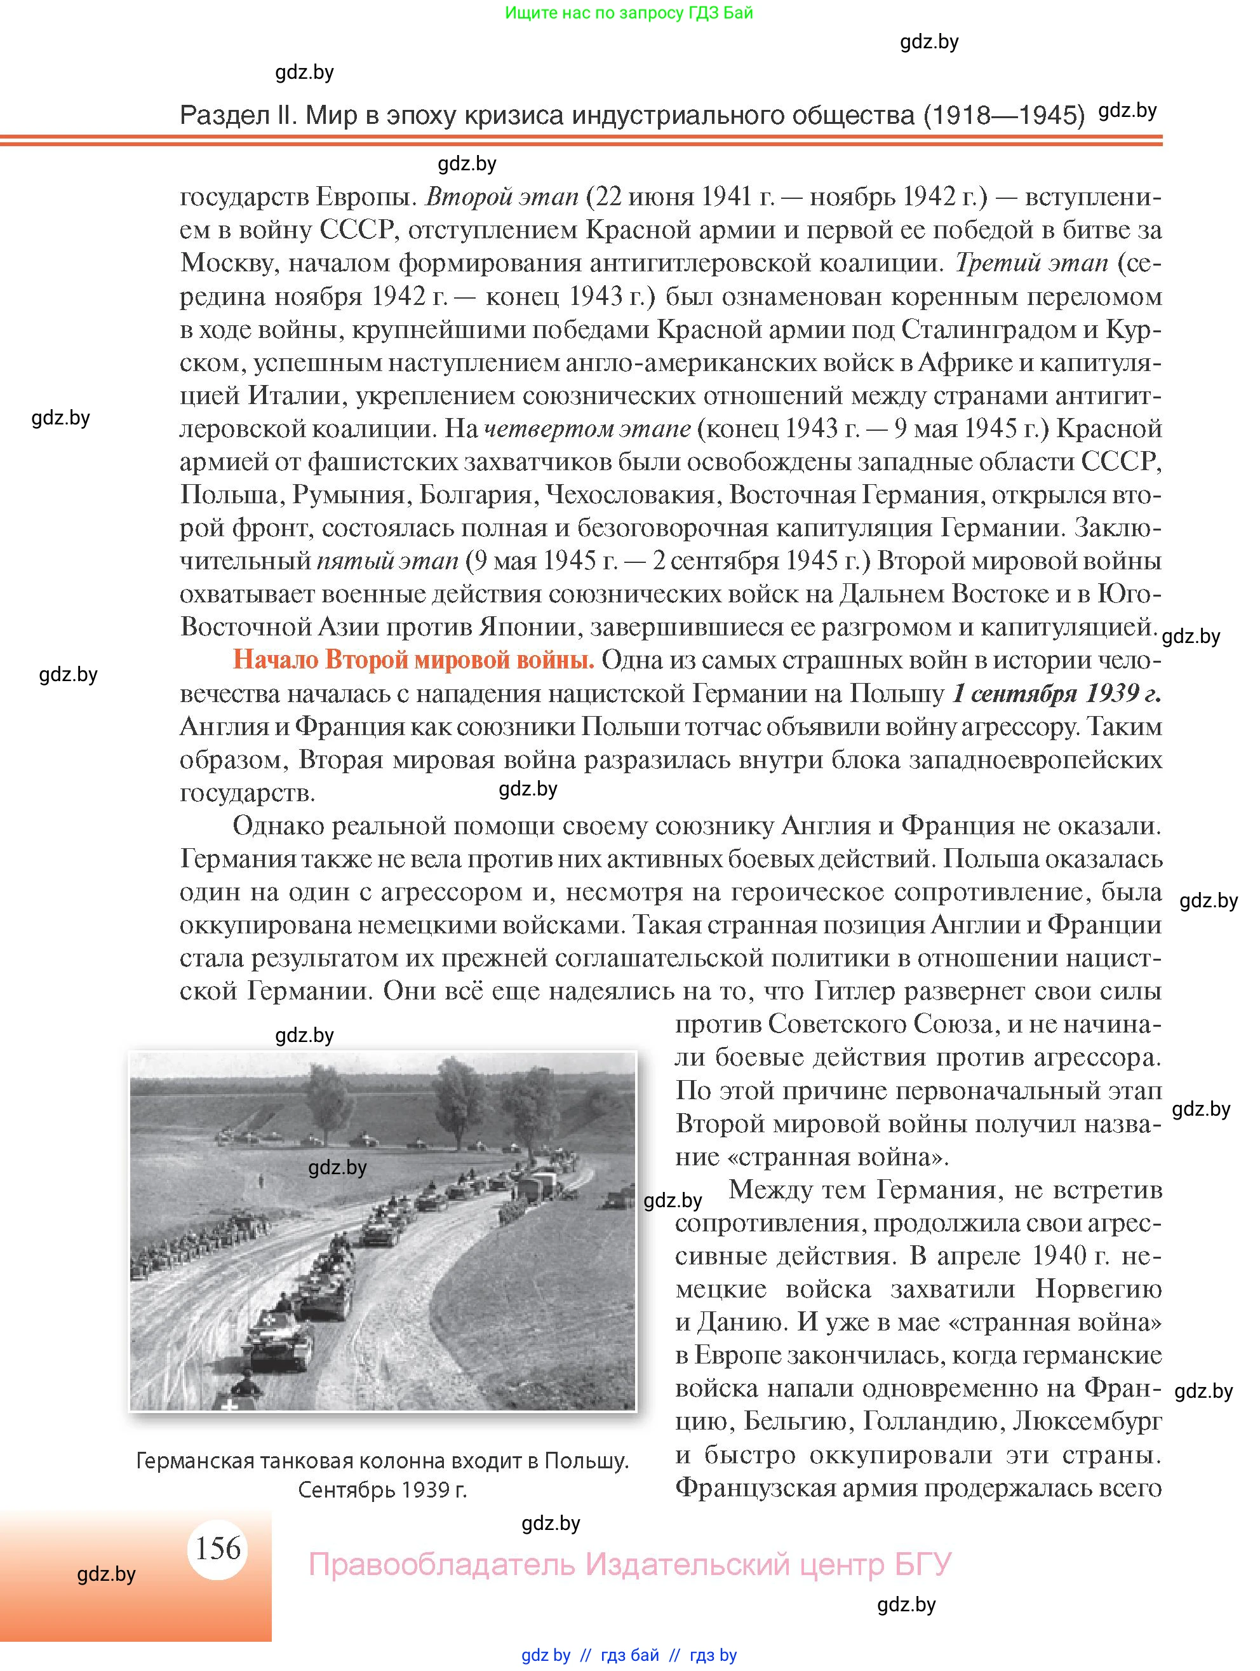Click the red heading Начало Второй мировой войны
[x=413, y=660]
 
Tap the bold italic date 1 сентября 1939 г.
[x=1056, y=693]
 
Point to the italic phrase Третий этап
[x=1031, y=263]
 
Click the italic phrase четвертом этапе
[x=587, y=429]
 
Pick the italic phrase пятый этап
[x=387, y=561]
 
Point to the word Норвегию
[x=1097, y=1289]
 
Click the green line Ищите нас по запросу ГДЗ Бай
[x=628, y=13]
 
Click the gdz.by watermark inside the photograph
[x=337, y=1168]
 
